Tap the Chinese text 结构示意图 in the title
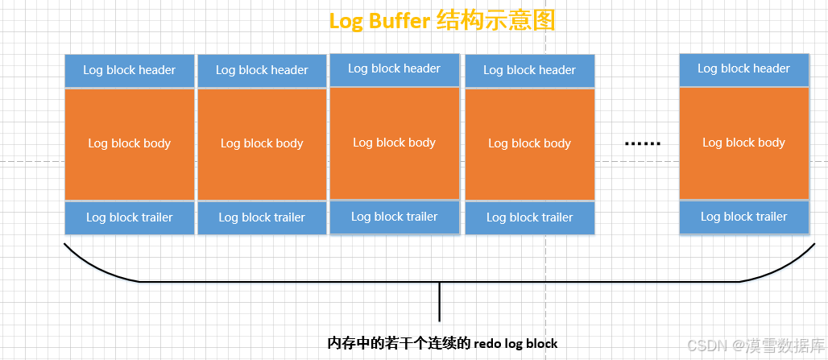pos(495,21)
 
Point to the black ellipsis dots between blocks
pos(642,144)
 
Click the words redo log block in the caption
pos(515,343)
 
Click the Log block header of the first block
pos(129,70)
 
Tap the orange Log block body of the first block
pos(129,143)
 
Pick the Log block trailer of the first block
pos(129,217)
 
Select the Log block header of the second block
pos(262,70)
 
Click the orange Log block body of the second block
pos(262,143)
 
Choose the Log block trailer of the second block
pos(262,217)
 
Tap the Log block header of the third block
pos(394,68)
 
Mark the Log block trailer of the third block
pos(394,217)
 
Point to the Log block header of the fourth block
pos(529,70)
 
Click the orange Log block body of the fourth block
pos(529,143)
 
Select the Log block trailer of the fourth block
pos(529,217)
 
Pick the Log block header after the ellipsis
pos(743,68)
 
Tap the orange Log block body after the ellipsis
pos(743,143)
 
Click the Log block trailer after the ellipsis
pos(743,217)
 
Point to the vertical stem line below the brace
pos(439,302)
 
